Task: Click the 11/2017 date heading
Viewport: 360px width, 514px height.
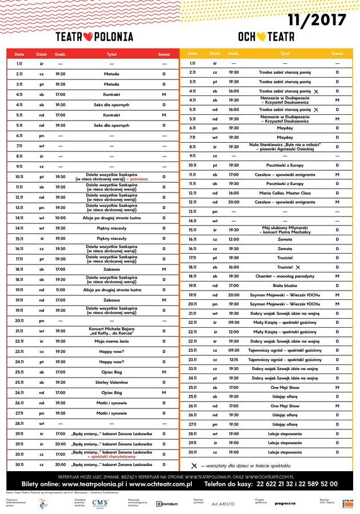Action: pyautogui.click(x=317, y=21)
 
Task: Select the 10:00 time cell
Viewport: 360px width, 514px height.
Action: pyautogui.click(x=61, y=218)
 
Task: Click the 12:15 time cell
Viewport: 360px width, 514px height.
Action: pyautogui.click(x=234, y=360)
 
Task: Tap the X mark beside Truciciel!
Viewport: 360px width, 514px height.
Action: pyautogui.click(x=298, y=267)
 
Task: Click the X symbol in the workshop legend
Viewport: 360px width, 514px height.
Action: pyautogui.click(x=194, y=465)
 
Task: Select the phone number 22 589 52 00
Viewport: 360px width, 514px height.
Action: pyautogui.click(x=311, y=484)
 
